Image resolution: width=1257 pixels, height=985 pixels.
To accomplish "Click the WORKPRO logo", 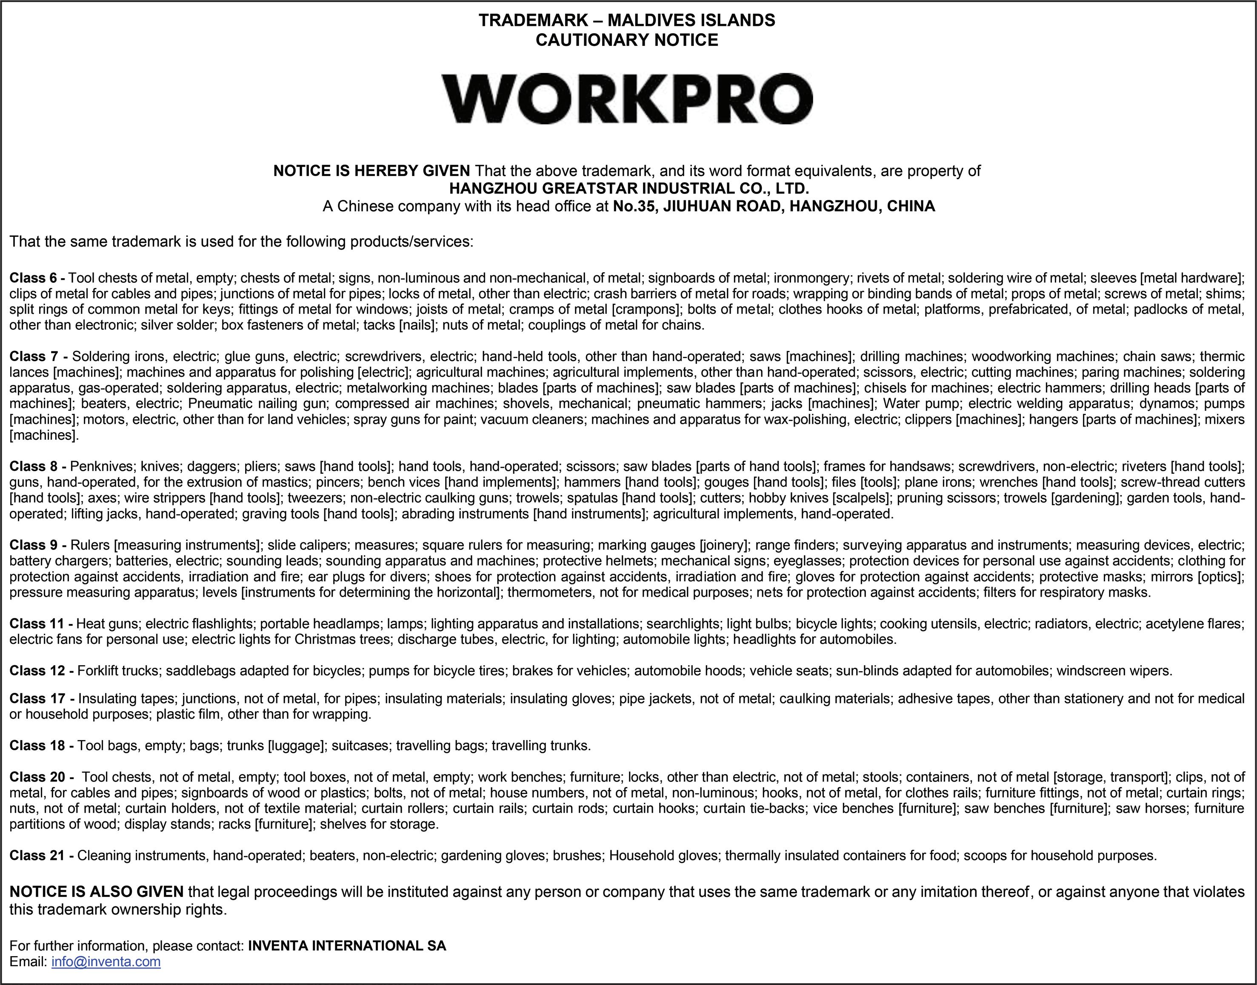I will click(x=627, y=99).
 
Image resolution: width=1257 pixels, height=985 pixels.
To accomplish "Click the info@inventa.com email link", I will click(x=106, y=961).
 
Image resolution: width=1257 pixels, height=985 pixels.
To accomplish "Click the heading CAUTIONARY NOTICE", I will click(x=627, y=40).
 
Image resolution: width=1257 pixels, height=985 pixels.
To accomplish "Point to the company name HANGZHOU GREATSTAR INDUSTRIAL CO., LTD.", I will click(x=629, y=188).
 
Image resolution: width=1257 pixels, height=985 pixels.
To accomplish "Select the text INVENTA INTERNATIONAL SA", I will click(x=347, y=946).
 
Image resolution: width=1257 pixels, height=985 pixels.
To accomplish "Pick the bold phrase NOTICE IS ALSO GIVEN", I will click(x=96, y=891).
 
